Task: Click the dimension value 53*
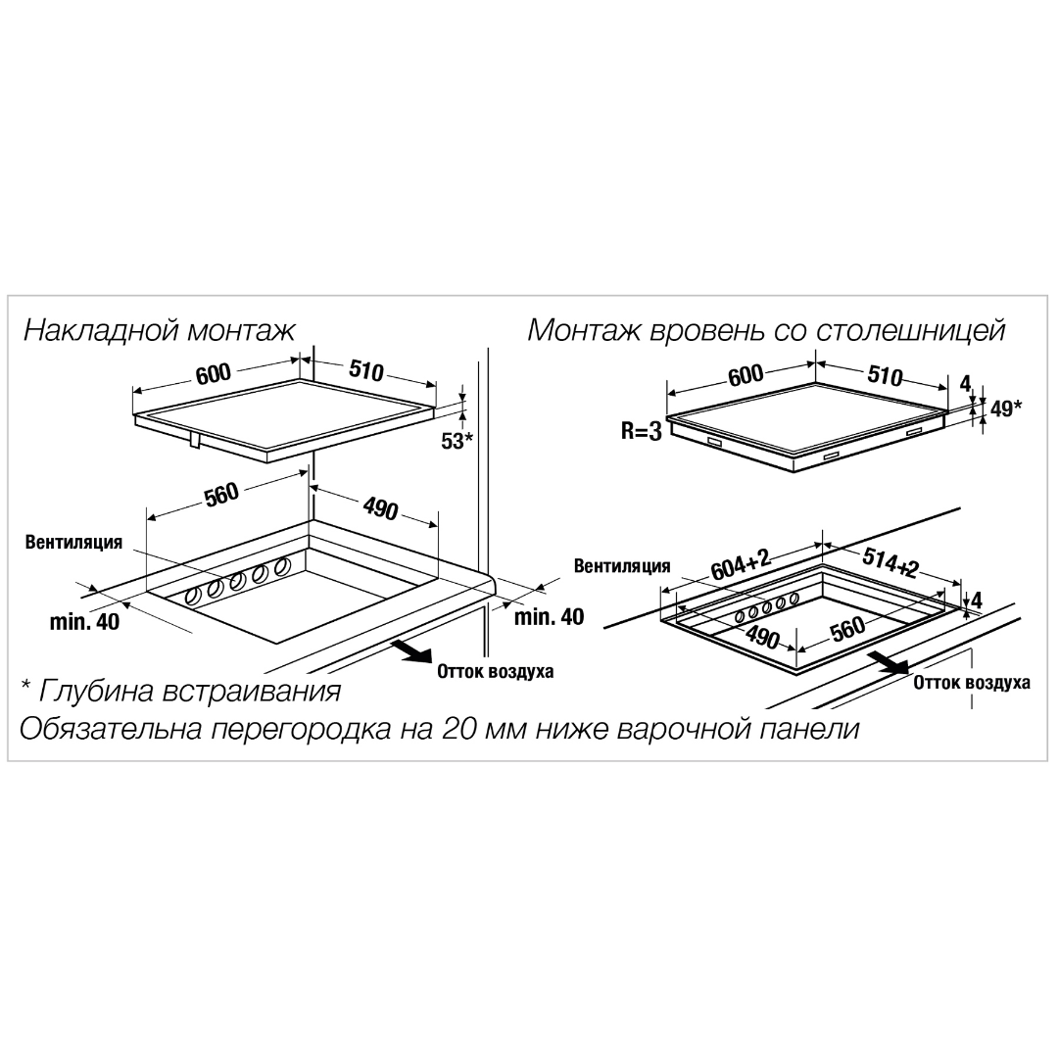pyautogui.click(x=457, y=441)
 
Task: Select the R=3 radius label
pyautogui.click(x=642, y=431)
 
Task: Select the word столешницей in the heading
pyautogui.click(x=911, y=331)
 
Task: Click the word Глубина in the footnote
pyautogui.click(x=93, y=691)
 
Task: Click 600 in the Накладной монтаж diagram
pyautogui.click(x=214, y=373)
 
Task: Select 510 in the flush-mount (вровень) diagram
pyautogui.click(x=886, y=375)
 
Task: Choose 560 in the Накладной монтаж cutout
pyautogui.click(x=222, y=493)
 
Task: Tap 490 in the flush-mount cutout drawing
pyautogui.click(x=762, y=637)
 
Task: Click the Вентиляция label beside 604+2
pyautogui.click(x=622, y=566)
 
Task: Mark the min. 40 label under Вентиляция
pyautogui.click(x=84, y=621)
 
